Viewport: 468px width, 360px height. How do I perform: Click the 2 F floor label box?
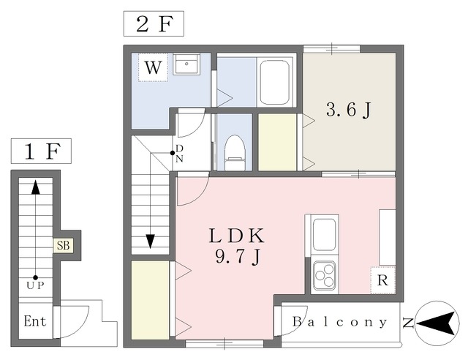(x=154, y=24)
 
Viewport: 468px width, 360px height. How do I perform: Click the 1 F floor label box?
(x=41, y=151)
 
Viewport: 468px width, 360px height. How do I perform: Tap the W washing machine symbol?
(x=153, y=67)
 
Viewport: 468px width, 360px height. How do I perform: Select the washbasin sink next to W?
(x=186, y=64)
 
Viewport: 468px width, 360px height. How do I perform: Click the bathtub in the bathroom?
(x=275, y=83)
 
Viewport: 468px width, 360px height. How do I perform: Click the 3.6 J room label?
(x=349, y=110)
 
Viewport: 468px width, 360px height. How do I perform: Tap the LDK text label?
(x=237, y=236)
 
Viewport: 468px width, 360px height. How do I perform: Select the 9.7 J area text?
(x=237, y=257)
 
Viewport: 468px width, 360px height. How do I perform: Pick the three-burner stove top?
(x=325, y=276)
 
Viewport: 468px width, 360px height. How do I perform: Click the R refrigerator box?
(x=383, y=280)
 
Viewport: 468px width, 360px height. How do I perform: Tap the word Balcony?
(x=339, y=322)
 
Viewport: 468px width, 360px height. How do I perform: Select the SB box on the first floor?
(x=64, y=246)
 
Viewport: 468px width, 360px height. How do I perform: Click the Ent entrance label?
(x=35, y=321)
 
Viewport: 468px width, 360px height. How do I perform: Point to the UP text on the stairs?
(x=35, y=285)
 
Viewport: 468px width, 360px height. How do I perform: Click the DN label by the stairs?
(x=179, y=154)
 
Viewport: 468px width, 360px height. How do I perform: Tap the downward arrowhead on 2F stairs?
(x=150, y=241)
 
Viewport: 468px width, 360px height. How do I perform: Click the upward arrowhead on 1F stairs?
(x=36, y=187)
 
